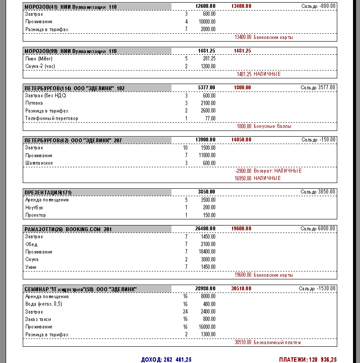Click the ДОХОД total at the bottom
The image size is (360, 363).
[166, 359]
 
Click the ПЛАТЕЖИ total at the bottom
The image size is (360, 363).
[308, 359]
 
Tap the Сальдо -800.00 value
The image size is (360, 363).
[318, 6]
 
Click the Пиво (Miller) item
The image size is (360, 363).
[39, 58]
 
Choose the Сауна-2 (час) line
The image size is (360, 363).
[40, 66]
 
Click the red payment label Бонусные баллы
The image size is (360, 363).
[273, 126]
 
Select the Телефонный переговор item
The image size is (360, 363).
[47, 118]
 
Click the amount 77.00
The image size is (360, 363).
[210, 118]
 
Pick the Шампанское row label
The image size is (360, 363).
[39, 163]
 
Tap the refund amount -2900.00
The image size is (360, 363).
[243, 171]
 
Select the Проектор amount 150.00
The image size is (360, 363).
[209, 215]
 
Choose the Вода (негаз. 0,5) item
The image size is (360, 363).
[44, 304]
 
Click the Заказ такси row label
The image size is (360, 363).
[38, 319]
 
